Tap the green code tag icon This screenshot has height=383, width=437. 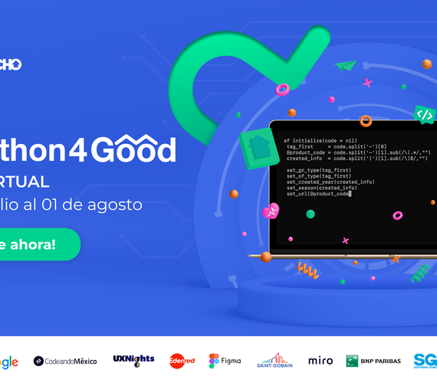click(x=424, y=115)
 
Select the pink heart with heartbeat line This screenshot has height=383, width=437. click(x=270, y=211)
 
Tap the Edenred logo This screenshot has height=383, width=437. click(x=182, y=360)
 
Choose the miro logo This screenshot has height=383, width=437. click(x=320, y=360)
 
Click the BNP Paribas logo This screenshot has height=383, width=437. click(x=373, y=360)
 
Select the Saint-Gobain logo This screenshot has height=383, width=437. click(x=274, y=360)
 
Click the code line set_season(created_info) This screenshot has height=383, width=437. click(x=322, y=188)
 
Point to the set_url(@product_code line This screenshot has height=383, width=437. click(x=317, y=194)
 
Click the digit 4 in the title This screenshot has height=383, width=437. click(x=80, y=150)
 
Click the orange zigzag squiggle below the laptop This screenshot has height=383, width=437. click(x=308, y=270)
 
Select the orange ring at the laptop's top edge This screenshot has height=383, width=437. click(x=366, y=121)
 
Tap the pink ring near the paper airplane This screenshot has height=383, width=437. click(x=282, y=90)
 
